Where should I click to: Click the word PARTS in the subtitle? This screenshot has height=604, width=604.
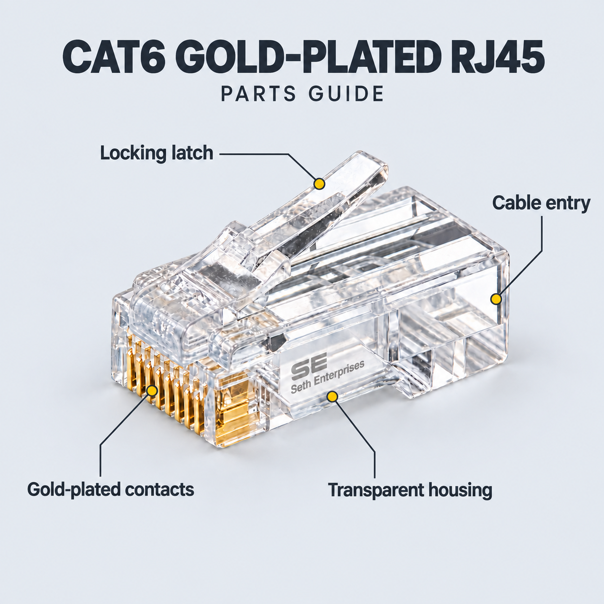point(258,93)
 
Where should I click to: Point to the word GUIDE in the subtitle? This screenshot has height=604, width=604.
point(346,93)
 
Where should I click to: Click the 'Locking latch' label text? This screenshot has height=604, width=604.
point(157,153)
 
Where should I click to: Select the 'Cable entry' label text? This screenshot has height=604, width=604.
point(541,203)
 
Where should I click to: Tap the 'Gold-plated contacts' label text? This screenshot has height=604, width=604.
point(111,489)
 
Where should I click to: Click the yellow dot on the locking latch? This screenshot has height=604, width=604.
point(319,184)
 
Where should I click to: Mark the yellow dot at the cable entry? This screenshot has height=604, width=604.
point(496,299)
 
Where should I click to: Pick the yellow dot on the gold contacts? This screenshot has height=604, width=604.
point(152,391)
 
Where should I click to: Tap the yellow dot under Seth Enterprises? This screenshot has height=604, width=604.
point(332,397)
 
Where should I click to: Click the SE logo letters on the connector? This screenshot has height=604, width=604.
point(309,364)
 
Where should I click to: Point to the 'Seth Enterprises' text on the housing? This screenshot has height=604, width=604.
point(328,377)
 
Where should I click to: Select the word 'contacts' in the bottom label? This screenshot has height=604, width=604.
point(159,489)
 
